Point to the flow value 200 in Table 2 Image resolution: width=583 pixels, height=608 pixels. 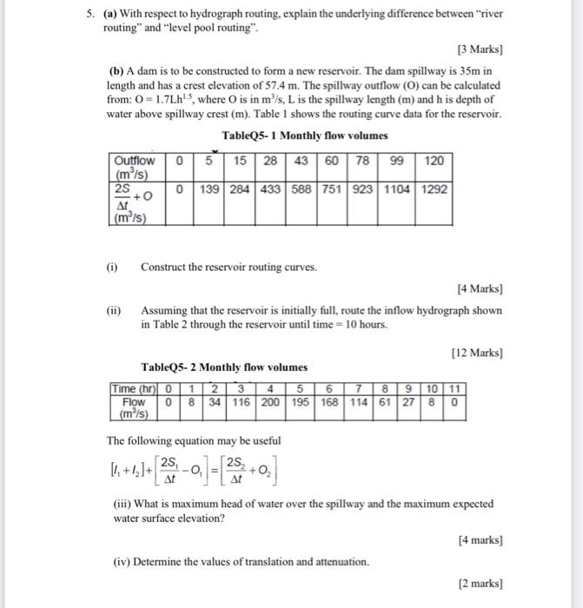[271, 403]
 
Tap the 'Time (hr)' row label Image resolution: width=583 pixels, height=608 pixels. [133, 390]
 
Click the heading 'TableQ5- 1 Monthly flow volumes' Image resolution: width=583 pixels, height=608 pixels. [304, 135]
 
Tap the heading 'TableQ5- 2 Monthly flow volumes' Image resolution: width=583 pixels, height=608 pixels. [224, 368]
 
